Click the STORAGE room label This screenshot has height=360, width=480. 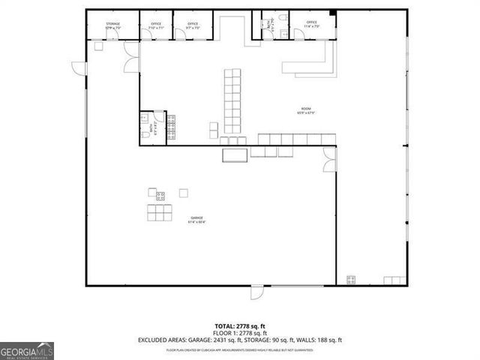(x=112, y=24)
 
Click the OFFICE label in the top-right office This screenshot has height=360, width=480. (x=311, y=22)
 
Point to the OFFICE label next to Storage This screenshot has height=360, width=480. (x=156, y=24)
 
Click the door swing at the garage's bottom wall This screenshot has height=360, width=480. (x=257, y=292)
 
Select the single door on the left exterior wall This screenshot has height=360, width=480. (x=78, y=66)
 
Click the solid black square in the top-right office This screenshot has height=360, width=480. (x=332, y=13)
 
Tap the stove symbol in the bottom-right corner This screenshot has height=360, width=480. (x=350, y=280)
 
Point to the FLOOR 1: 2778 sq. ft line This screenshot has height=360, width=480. (x=239, y=333)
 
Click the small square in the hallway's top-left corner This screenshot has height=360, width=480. (x=98, y=46)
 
